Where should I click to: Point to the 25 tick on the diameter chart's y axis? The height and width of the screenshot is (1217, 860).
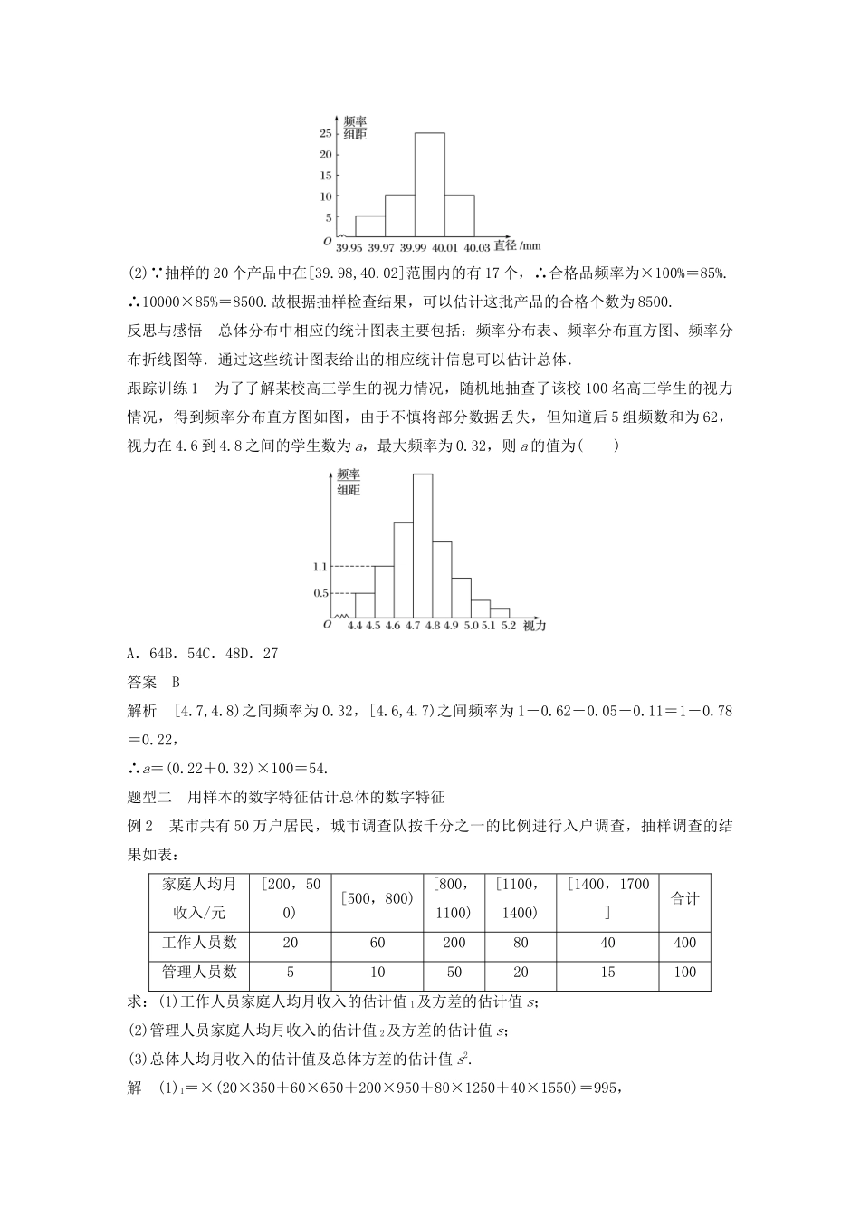tap(325, 133)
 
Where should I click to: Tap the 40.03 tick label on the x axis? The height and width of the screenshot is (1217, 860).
tap(477, 247)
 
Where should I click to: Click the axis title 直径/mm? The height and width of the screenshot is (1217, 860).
tap(519, 245)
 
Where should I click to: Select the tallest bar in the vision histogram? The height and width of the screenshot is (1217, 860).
tap(422, 545)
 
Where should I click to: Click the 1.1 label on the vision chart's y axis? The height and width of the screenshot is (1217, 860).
tap(320, 567)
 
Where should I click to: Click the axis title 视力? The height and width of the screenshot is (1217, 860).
tap(535, 626)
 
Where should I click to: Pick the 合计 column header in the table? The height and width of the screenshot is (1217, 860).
tap(685, 899)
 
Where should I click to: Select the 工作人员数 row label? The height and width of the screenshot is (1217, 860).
tap(200, 943)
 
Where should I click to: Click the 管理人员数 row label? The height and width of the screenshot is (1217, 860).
tap(200, 973)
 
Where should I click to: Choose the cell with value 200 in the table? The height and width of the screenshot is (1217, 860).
tap(454, 943)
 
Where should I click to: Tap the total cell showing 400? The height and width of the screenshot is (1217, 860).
tap(685, 943)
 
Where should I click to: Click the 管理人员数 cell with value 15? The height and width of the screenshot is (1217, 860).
tap(607, 973)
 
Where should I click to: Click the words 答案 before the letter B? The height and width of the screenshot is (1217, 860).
tap(142, 682)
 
